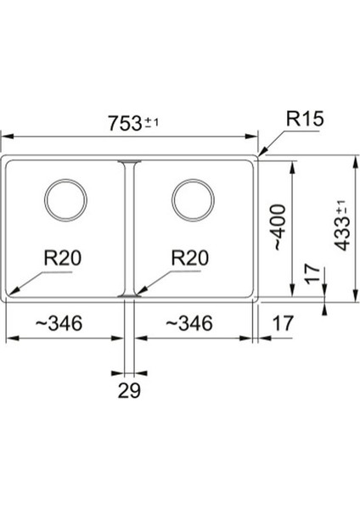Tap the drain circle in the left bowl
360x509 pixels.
click(65, 200)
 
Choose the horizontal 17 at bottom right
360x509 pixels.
click(284, 323)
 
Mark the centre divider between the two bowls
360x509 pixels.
click(127, 229)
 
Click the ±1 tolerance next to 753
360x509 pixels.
click(152, 121)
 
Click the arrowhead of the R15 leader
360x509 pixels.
click(261, 156)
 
